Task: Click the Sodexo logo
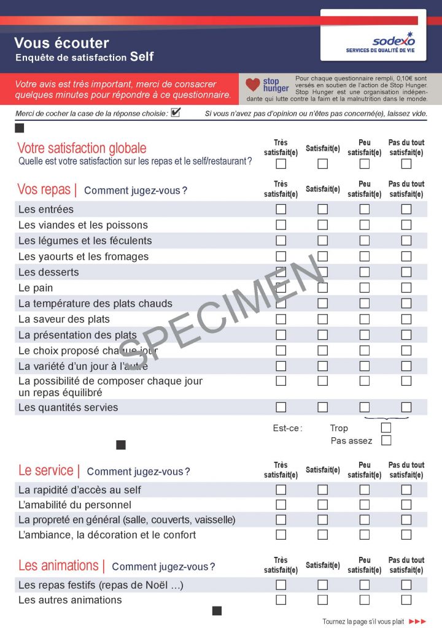(x=394, y=40)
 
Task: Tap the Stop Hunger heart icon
(x=252, y=85)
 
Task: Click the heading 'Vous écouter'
(x=61, y=43)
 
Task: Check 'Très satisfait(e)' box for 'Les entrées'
(x=281, y=209)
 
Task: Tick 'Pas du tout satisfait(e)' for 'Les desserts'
(x=406, y=272)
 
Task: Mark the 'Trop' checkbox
(x=386, y=427)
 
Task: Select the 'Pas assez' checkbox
(x=386, y=440)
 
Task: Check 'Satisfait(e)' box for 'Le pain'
(x=322, y=288)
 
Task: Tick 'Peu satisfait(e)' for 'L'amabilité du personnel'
(x=364, y=505)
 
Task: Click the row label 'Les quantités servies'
(x=68, y=407)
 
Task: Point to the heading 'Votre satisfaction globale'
(x=82, y=148)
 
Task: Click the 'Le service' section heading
(x=46, y=470)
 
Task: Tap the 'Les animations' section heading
(x=58, y=565)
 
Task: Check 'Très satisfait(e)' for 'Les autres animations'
(x=281, y=600)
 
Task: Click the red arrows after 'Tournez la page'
(x=417, y=621)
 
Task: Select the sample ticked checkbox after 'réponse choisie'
(x=176, y=112)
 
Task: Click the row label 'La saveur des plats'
(x=64, y=319)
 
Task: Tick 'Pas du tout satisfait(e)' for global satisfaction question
(x=406, y=164)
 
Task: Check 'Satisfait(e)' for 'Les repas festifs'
(x=322, y=584)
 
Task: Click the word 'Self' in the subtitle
(x=142, y=57)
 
